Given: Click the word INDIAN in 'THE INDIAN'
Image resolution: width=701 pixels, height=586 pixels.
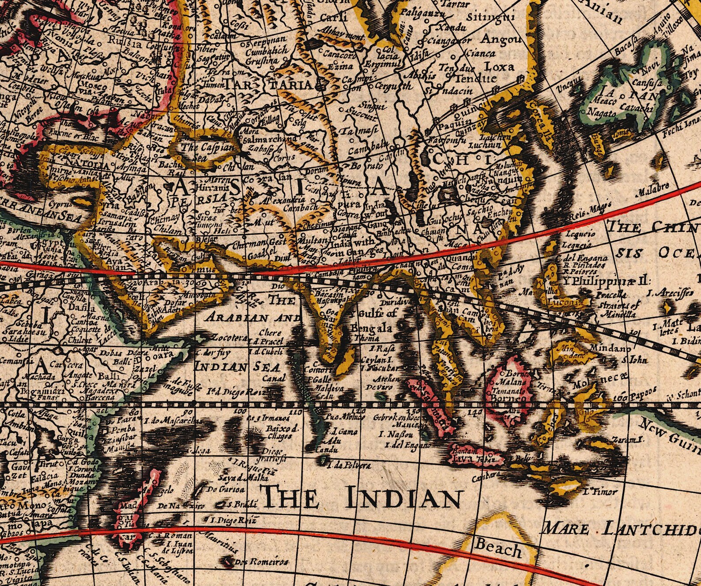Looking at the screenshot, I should click(403, 499).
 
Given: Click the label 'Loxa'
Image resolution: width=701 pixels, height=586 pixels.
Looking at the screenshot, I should click(499, 67).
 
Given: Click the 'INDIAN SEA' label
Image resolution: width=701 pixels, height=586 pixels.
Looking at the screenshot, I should click(237, 367).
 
